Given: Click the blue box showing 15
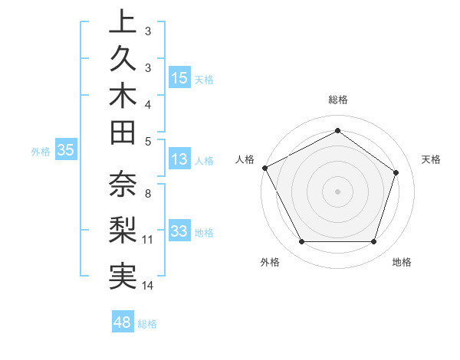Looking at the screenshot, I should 179,78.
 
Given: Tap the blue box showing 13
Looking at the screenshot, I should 179,159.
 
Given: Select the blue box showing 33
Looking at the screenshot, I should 179,231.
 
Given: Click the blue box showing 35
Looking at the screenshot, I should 65,151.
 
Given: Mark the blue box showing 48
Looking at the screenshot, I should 123,322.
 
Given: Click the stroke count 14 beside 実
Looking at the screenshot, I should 148,286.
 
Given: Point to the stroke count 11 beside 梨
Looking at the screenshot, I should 148,240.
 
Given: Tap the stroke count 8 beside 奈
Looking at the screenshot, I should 148,194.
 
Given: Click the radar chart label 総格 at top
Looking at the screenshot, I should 337,100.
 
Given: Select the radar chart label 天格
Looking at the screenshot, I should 431,159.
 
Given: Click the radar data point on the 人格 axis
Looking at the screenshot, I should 264,168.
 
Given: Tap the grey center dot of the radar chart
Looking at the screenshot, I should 337,191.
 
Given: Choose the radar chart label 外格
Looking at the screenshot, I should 270,263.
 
